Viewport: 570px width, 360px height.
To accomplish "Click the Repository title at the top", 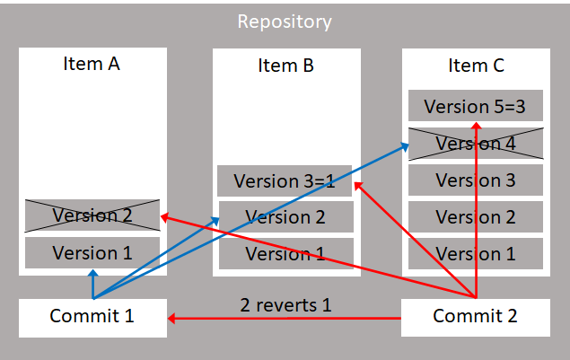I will [x=285, y=22].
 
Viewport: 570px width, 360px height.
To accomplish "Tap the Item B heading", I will [x=285, y=66].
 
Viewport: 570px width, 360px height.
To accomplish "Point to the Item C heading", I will [x=476, y=66].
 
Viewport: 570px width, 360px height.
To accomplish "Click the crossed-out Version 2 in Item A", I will [x=92, y=215].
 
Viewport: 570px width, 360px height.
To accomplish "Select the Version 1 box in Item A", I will [x=92, y=253].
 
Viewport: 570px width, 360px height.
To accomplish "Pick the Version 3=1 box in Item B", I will [x=285, y=181].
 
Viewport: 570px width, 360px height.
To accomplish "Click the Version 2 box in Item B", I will [x=285, y=217].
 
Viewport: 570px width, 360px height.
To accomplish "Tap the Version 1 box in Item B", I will [x=285, y=254].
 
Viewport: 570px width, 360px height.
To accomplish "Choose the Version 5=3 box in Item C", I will [x=475, y=107].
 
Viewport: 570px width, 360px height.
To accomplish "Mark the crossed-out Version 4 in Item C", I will [x=475, y=144].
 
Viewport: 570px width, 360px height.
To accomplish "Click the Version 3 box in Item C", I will [x=475, y=180].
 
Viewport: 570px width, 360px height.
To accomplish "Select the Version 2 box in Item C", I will [x=475, y=217].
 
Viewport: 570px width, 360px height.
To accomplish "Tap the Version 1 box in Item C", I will [x=475, y=254].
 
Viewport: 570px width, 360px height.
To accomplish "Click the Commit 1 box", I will [x=92, y=317].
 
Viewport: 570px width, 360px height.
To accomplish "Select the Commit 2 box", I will [x=475, y=317].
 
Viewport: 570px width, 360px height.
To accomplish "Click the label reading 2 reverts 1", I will [x=285, y=304].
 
